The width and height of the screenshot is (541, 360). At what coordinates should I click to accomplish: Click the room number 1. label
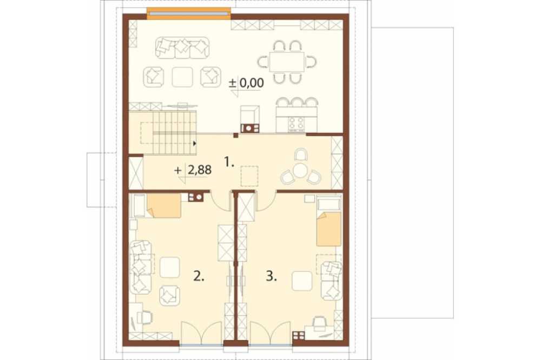[x=229, y=162]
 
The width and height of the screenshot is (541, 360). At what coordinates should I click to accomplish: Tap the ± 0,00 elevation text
[x=246, y=83]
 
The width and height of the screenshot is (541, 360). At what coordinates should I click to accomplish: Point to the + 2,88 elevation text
[x=193, y=170]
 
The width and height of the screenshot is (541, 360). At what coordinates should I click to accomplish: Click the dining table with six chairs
[x=287, y=62]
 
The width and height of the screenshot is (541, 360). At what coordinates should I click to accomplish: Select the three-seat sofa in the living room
[x=182, y=47]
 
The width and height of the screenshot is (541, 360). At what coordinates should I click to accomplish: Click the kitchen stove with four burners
[x=296, y=124]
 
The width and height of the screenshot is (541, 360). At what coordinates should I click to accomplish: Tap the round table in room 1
[x=301, y=170]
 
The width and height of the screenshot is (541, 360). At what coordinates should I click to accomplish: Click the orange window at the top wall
[x=189, y=14]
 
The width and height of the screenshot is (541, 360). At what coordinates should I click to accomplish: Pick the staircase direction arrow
[x=195, y=143]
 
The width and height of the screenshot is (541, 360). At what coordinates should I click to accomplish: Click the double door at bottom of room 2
[x=201, y=333]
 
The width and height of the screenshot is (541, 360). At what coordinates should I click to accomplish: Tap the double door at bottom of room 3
[x=270, y=333]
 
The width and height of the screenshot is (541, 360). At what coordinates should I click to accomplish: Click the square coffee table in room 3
[x=302, y=281]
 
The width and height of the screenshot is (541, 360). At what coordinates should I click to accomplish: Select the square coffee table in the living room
[x=182, y=77]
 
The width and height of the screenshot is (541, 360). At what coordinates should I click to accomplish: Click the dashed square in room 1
[x=249, y=176]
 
